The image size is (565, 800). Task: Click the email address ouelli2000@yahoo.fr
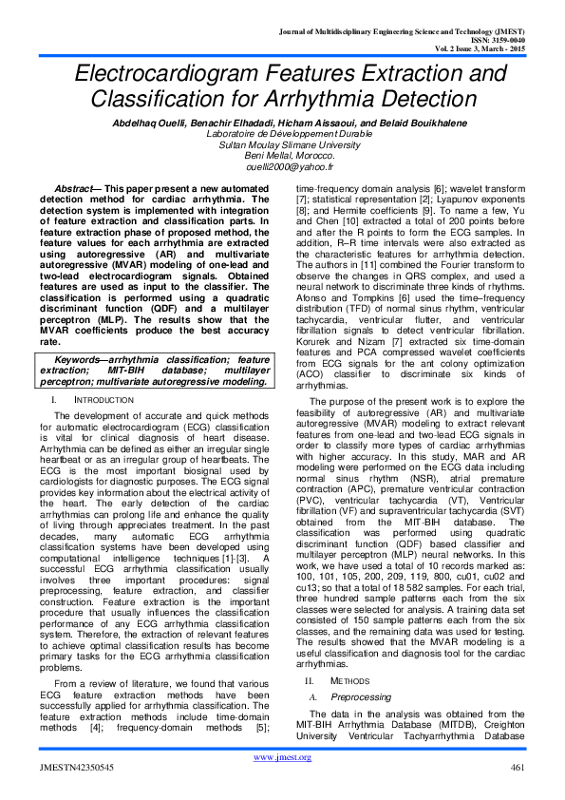pyautogui.click(x=282, y=164)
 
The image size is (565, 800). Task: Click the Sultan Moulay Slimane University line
pyautogui.click(x=282, y=143)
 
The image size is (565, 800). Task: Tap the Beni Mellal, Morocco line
pyautogui.click(x=282, y=154)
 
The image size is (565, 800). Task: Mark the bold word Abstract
pyautogui.click(x=77, y=190)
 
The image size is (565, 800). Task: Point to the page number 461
pyautogui.click(x=518, y=768)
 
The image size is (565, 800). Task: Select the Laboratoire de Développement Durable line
pyautogui.click(x=282, y=132)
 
